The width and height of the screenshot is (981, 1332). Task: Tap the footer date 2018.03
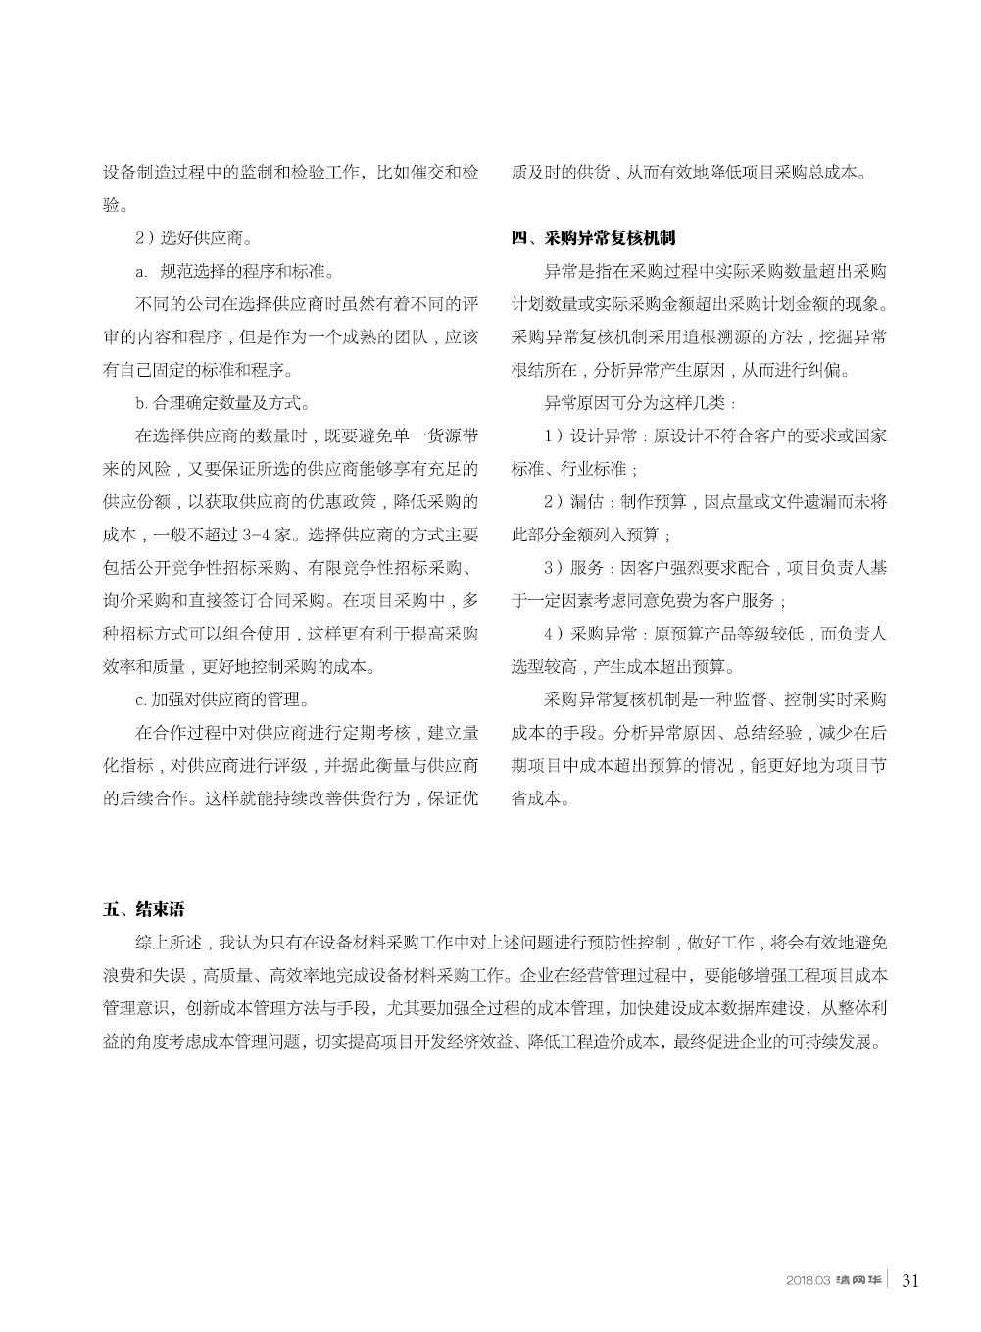[x=808, y=1280]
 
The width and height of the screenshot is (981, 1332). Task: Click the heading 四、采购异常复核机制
[x=594, y=238]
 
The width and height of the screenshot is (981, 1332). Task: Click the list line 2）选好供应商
[x=192, y=237]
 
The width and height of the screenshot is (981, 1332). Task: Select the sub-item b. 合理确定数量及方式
[x=223, y=402]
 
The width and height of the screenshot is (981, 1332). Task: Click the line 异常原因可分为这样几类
[x=642, y=402]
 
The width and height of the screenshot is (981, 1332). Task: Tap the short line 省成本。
[x=539, y=798]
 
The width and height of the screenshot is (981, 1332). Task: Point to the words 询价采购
[x=136, y=601]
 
